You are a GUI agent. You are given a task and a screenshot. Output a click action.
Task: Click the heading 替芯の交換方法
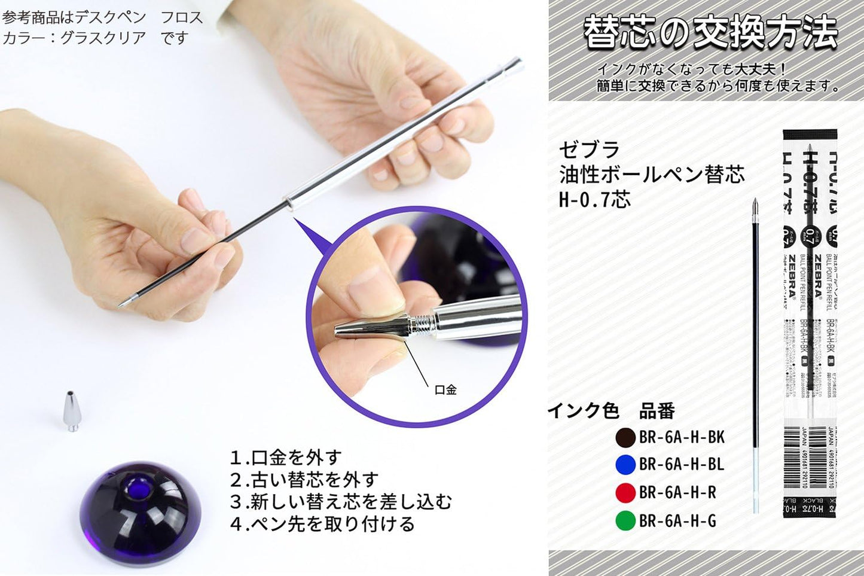click(x=710, y=33)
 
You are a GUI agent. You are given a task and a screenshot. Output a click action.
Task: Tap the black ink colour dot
click(x=625, y=437)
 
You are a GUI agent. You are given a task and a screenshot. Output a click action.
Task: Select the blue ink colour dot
click(x=625, y=465)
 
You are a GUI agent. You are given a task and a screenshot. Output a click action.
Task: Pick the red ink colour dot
click(x=625, y=492)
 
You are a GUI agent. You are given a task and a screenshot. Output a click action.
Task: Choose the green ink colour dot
click(x=625, y=520)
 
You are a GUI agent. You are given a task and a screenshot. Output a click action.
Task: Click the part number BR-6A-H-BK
click(x=682, y=437)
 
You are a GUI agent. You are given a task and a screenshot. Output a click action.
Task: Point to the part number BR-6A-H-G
click(x=677, y=520)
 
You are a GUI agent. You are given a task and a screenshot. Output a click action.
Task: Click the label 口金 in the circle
click(x=445, y=390)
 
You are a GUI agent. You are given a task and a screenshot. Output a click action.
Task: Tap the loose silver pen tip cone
click(x=72, y=411)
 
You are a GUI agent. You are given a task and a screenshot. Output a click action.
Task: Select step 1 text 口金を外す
click(x=286, y=458)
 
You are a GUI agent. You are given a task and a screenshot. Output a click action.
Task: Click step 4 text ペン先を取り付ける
click(x=322, y=524)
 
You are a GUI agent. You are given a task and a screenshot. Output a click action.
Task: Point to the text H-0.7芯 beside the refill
click(x=594, y=199)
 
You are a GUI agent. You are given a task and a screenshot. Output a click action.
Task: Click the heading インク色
click(x=584, y=411)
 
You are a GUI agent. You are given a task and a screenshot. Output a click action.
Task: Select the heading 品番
click(x=657, y=411)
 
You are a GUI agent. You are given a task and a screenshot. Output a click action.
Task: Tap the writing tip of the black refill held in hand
click(x=121, y=305)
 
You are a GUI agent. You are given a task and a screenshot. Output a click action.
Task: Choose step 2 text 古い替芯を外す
click(x=304, y=480)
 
